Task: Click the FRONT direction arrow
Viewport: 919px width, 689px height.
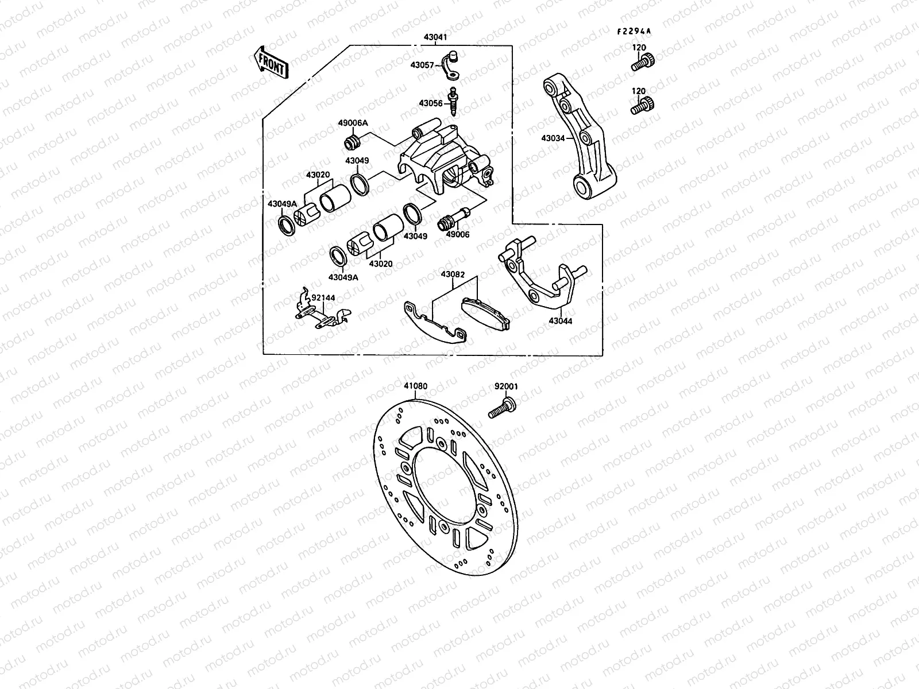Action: pos(270,62)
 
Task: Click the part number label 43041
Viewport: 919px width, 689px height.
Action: pos(435,37)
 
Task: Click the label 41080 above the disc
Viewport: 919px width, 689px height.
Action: pos(415,386)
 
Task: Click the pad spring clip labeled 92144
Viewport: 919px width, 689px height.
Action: pos(322,313)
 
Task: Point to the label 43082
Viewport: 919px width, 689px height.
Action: pos(453,274)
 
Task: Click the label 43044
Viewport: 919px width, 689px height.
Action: pos(560,322)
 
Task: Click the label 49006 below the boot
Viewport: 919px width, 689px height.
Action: pos(458,234)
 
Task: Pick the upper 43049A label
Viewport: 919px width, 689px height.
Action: pos(282,204)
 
